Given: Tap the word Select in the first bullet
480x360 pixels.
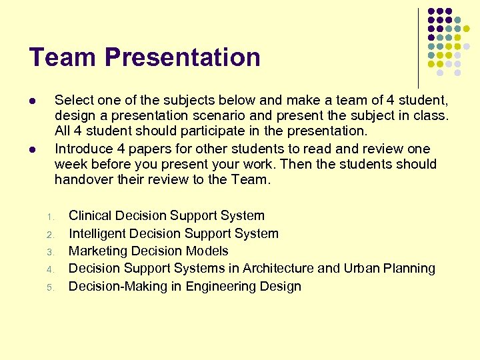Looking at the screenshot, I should click(x=73, y=100).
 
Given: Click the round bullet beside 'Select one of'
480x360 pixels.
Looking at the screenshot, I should click(x=31, y=101).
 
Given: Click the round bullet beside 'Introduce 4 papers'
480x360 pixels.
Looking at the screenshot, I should click(x=31, y=149).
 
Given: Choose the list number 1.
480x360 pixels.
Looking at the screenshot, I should click(x=49, y=217).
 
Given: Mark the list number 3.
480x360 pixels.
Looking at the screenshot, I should click(x=49, y=252).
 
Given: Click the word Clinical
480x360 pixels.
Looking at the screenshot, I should click(x=91, y=215).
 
